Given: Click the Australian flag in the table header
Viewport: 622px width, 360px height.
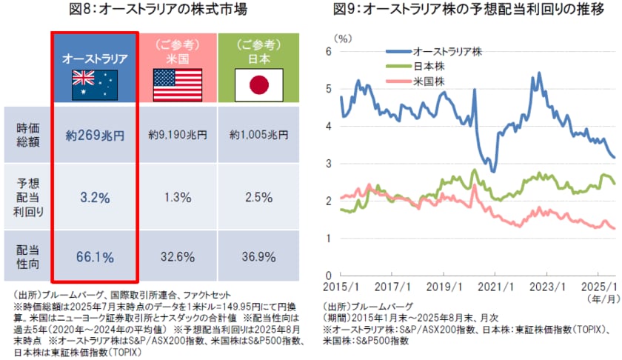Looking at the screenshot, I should tap(94, 85).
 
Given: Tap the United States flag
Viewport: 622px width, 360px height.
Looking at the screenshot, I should tap(178, 85).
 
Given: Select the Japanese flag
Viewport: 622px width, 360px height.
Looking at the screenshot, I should tap(258, 85).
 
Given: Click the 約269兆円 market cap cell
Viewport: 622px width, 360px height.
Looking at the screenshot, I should tap(94, 136).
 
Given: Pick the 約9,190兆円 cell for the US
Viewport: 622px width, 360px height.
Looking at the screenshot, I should tap(178, 136).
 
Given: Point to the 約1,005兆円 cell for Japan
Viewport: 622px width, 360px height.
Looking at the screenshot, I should tap(258, 136).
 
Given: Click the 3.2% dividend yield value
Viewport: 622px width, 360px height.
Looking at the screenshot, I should tap(94, 197).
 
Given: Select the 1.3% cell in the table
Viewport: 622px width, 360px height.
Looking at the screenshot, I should tap(178, 197).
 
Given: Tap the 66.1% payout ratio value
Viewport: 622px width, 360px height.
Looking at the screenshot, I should tap(94, 257).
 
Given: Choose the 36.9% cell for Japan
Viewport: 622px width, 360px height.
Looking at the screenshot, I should tap(258, 257).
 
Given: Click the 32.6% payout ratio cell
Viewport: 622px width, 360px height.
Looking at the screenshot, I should tap(178, 257).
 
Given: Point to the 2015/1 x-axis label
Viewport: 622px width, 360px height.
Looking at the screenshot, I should tap(341, 285).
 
